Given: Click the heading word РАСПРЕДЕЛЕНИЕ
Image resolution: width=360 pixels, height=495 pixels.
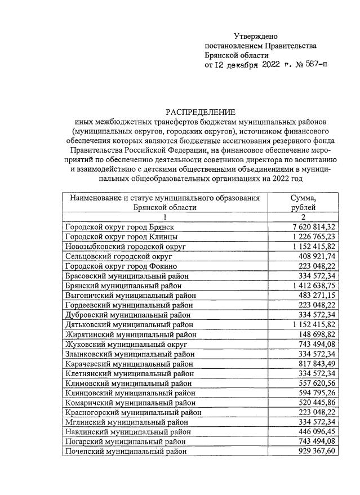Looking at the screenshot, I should tap(200, 112).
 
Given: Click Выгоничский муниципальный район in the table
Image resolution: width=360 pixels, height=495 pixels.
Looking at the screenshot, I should tap(131, 295).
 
